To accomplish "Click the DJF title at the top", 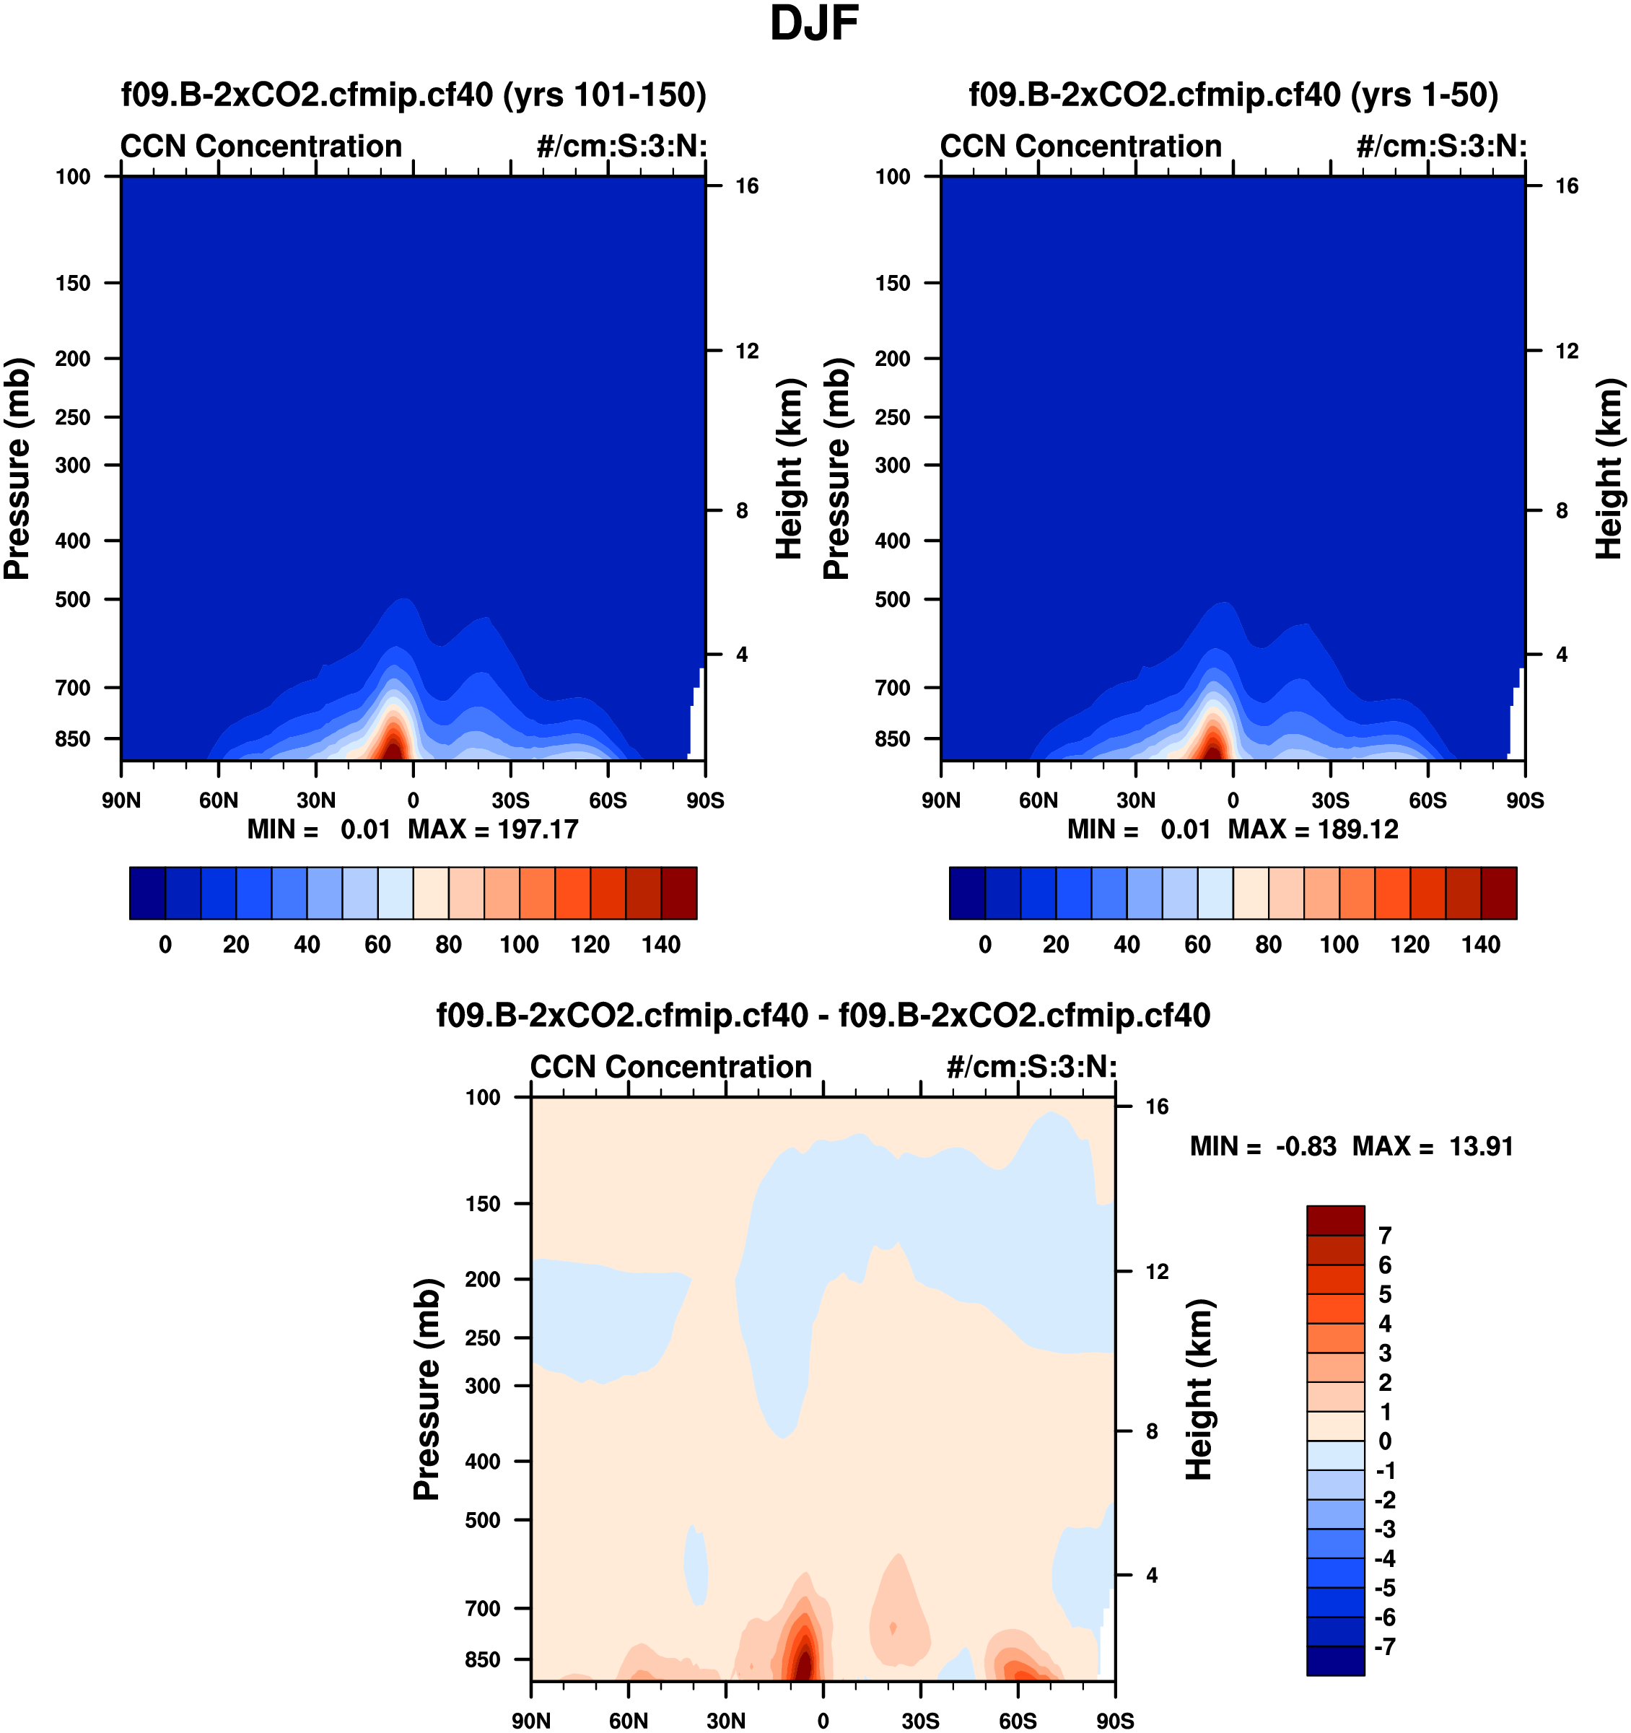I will coord(814,25).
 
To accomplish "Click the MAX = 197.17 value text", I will coord(492,829).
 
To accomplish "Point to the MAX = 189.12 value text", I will coord(1313,829).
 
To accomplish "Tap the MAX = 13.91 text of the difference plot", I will coord(1433,1146).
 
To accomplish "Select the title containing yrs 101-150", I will coord(414,94).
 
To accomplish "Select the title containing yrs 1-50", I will coord(1233,94).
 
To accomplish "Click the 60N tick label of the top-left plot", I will coord(218,800).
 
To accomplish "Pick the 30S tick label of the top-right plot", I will coord(1330,800).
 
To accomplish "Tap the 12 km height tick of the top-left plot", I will coord(747,352).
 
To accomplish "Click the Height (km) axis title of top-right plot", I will coord(1609,469).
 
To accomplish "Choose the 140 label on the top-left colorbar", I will coord(661,944).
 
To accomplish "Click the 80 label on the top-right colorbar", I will coord(1269,944).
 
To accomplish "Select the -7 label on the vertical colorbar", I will coord(1384,1646).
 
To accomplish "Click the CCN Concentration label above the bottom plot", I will coord(670,1067).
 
